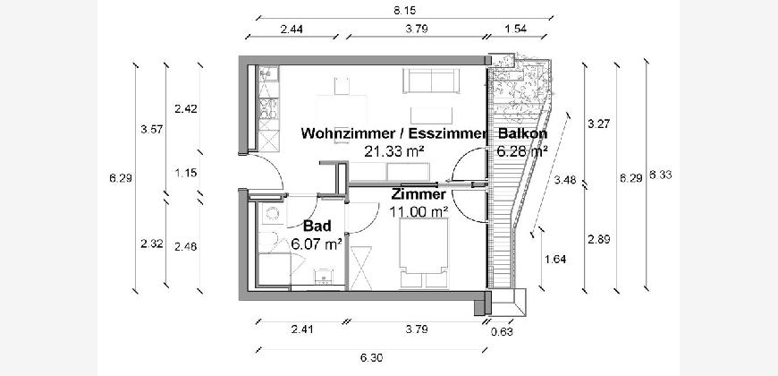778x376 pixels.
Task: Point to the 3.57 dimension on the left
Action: click(x=152, y=130)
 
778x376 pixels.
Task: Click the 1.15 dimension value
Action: click(x=185, y=173)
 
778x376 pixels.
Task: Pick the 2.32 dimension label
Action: click(x=152, y=243)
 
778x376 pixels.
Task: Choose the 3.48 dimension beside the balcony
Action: click(x=565, y=180)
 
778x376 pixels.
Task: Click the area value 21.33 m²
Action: click(x=393, y=151)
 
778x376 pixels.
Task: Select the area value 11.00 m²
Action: click(x=419, y=212)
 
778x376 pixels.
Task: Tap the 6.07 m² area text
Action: click(x=317, y=243)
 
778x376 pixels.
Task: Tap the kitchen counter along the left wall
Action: click(x=266, y=107)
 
